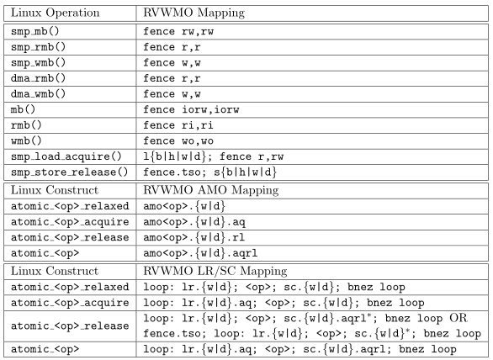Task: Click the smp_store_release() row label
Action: (70, 172)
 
